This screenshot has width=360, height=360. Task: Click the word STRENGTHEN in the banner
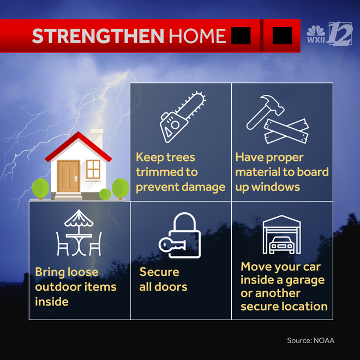tap(98, 36)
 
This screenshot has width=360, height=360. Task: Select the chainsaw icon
tap(182, 116)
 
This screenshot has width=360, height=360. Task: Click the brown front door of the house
tap(69, 175)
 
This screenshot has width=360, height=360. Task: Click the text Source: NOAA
tap(310, 340)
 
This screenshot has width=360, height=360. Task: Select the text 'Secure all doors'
tap(163, 279)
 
